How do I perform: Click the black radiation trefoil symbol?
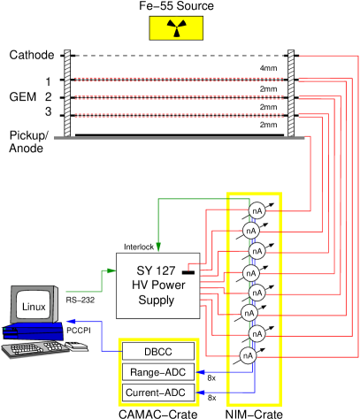click(x=176, y=29)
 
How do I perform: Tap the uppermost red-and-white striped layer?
click(x=179, y=80)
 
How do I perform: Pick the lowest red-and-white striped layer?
click(x=179, y=115)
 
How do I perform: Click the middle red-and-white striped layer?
click(x=179, y=97)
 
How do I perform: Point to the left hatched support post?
click(x=67, y=93)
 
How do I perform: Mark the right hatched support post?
click(x=290, y=93)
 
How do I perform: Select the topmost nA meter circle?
click(x=257, y=210)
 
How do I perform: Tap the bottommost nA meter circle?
click(x=248, y=355)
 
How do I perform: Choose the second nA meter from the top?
click(x=251, y=231)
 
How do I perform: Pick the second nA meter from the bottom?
click(x=257, y=333)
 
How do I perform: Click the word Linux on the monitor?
click(x=34, y=307)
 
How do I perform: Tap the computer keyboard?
click(x=35, y=349)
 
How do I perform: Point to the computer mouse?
click(x=77, y=346)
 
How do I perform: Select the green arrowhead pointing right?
click(x=111, y=270)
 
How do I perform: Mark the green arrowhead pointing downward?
click(x=158, y=248)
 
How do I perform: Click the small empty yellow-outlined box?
click(x=159, y=371)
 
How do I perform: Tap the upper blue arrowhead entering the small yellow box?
click(x=201, y=371)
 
